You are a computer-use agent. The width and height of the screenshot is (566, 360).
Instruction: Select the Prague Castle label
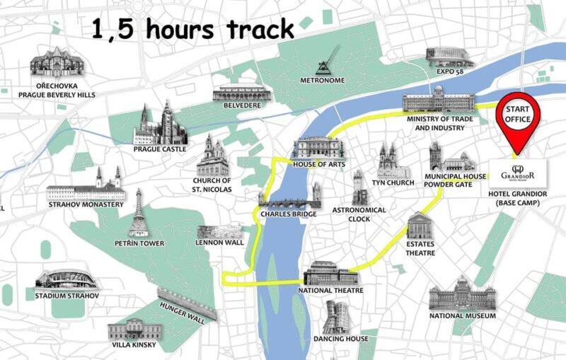click(x=160, y=149)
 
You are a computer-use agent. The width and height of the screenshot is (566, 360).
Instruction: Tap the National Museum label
click(x=463, y=315)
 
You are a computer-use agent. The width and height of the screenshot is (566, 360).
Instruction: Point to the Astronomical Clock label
click(x=359, y=214)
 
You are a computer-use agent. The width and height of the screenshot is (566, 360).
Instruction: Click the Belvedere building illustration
click(x=241, y=93)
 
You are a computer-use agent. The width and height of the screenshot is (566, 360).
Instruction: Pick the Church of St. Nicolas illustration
click(x=212, y=156)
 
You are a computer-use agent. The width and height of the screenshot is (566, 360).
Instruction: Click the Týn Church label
click(x=393, y=183)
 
